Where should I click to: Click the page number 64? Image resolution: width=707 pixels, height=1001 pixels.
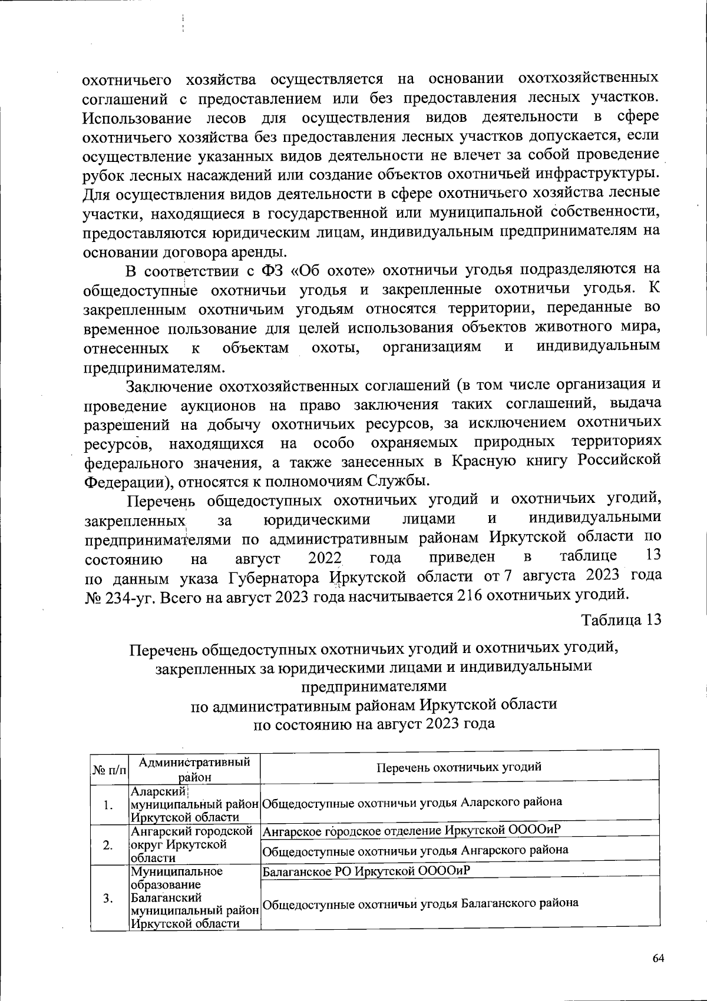658,958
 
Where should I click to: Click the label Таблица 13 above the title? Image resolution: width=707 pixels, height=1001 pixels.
621,620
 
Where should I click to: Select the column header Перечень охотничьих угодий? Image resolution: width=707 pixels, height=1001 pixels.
458,767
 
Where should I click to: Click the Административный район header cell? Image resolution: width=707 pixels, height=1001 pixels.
194,769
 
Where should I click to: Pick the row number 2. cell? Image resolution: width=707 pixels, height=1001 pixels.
109,845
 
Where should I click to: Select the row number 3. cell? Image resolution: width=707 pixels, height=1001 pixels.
109,898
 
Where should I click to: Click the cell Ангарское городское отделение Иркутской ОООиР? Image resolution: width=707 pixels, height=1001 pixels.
411,831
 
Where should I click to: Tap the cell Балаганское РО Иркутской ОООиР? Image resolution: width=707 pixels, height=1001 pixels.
366,870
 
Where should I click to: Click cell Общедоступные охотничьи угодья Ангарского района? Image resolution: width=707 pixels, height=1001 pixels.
415,850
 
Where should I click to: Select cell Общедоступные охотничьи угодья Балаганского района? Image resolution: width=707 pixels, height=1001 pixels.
419,903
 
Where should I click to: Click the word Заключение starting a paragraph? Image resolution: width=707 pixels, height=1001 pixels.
169,386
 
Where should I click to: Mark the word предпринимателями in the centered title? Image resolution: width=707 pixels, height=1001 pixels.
374,687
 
